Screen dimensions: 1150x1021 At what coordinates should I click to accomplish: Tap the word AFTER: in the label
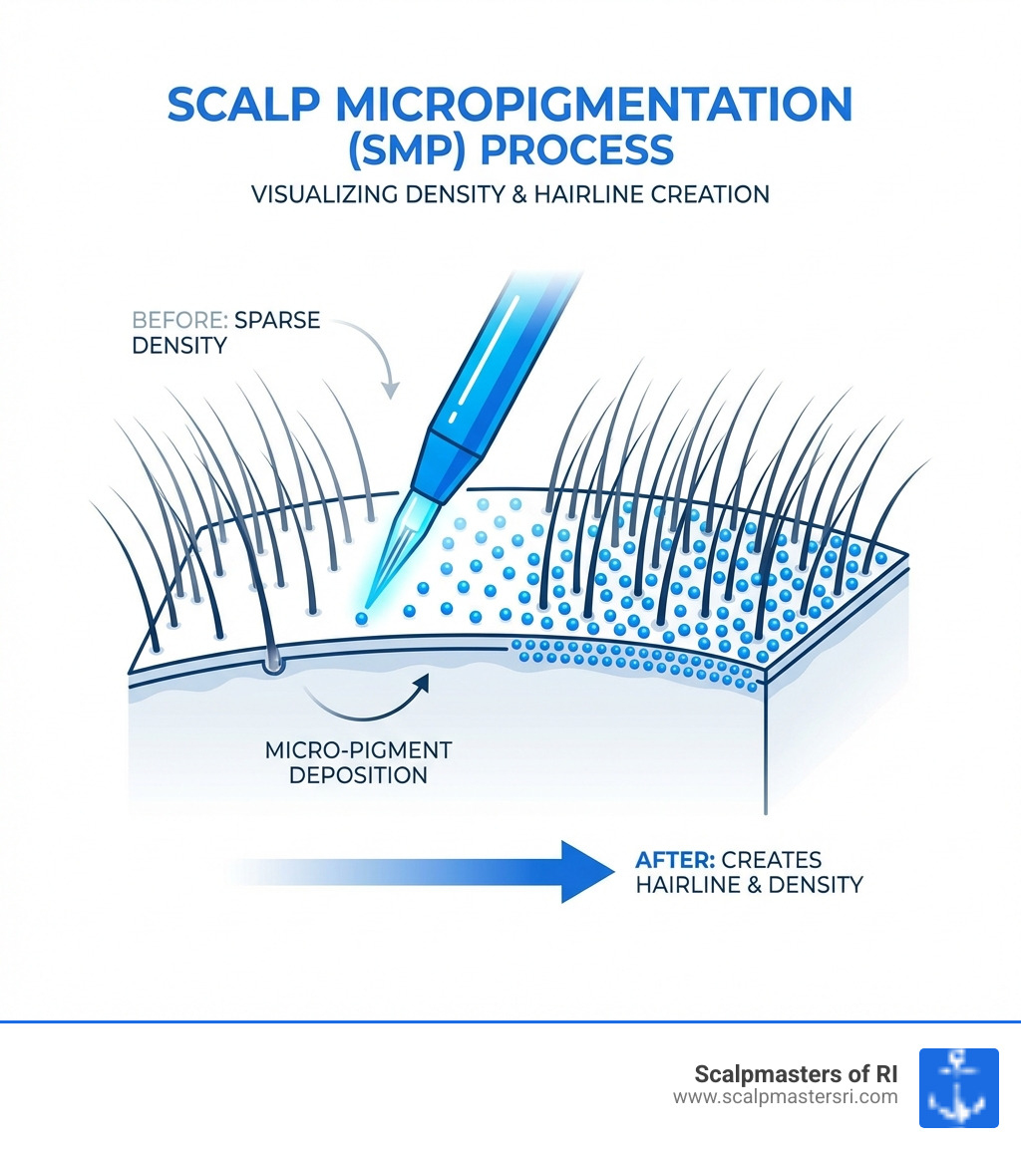pyautogui.click(x=673, y=858)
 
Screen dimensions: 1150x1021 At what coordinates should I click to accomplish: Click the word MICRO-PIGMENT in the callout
pyautogui.click(x=359, y=749)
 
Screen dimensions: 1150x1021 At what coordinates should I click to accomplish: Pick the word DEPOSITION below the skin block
pyautogui.click(x=358, y=774)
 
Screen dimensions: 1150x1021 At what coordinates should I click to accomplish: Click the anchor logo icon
pyautogui.click(x=958, y=1087)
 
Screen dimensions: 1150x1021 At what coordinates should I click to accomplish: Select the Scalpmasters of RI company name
pyautogui.click(x=796, y=1074)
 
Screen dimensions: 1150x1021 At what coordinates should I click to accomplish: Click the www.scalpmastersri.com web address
pyautogui.click(x=785, y=1096)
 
